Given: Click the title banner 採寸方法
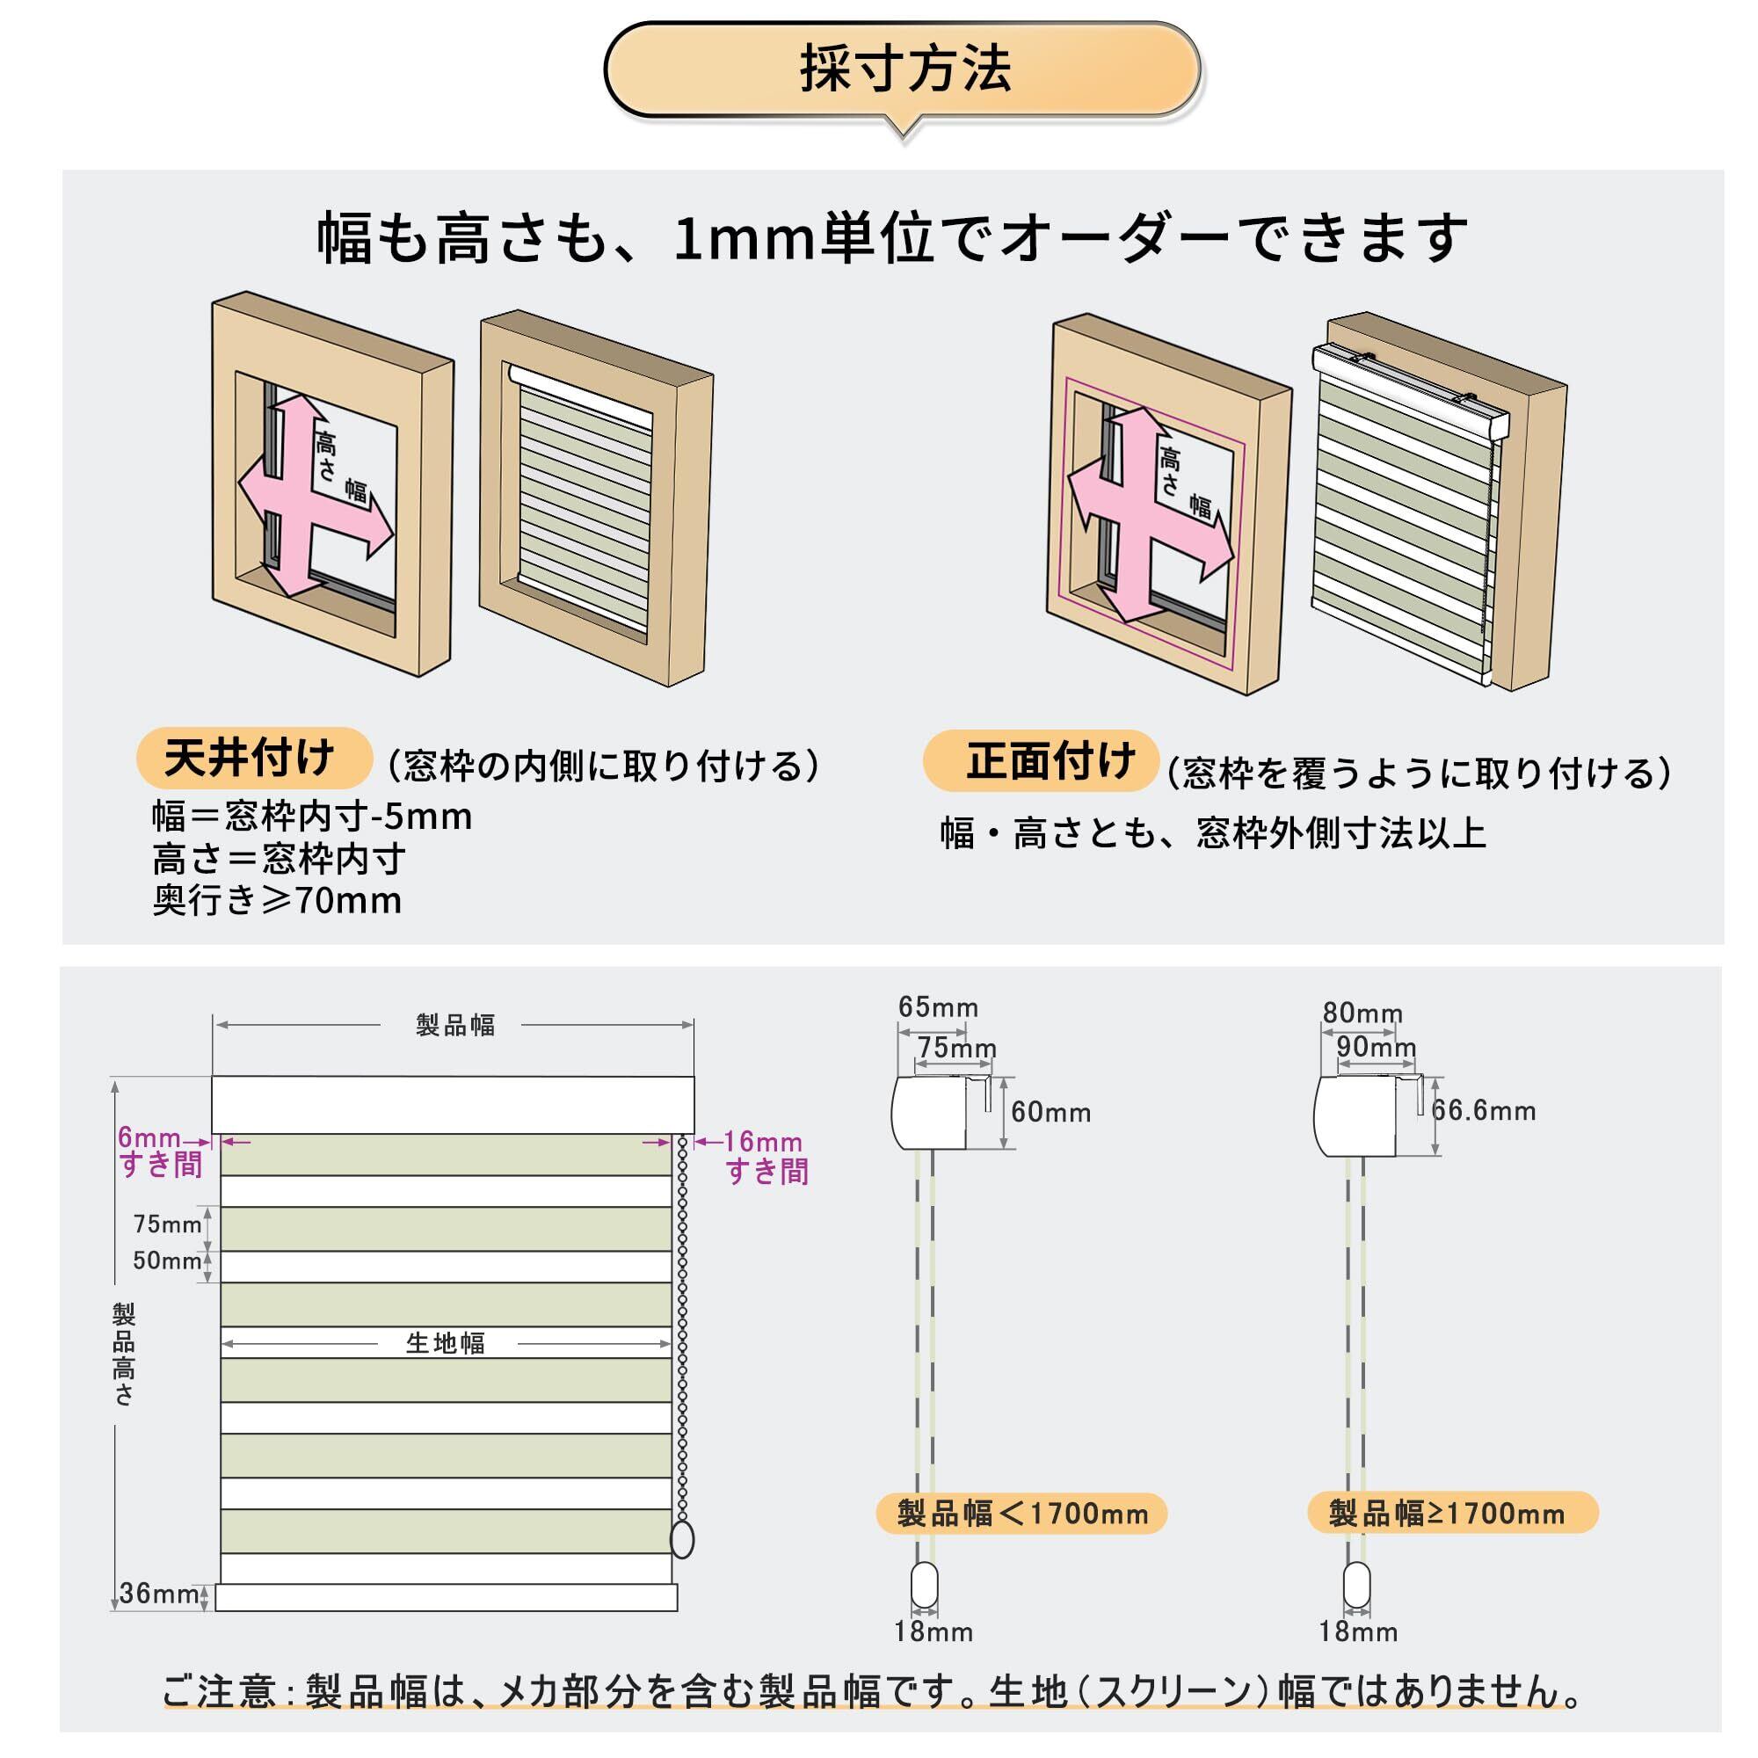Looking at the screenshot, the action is coord(903,70).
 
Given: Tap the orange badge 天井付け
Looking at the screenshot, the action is coord(253,758).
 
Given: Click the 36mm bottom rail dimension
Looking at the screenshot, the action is coord(158,1594).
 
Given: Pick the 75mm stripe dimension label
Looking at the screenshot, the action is coord(167,1224).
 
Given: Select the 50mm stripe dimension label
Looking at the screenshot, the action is coord(167,1260).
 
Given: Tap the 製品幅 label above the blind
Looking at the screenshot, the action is coord(455,1026).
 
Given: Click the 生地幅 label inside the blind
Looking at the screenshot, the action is coord(446,1343).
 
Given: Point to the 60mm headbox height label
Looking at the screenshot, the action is coord(1050,1112).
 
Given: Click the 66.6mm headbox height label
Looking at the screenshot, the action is coord(1483,1110).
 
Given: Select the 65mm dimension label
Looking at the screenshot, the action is coord(938,1007).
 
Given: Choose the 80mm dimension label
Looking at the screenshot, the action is coord(1362,1013).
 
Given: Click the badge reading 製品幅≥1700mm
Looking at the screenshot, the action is coord(1451,1514).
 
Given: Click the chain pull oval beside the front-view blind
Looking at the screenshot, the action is coord(681,1540).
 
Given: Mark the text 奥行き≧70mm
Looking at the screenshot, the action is coord(277,901).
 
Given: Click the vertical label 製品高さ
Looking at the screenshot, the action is coord(124,1354).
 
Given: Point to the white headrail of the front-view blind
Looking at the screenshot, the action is coord(454,1104).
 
